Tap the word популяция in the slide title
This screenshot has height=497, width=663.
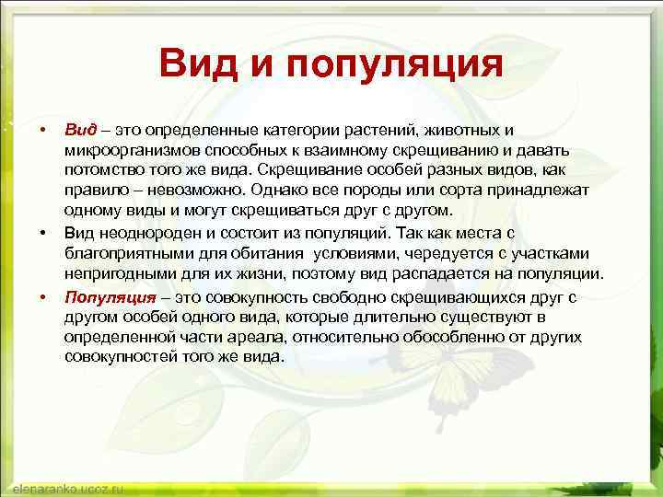click(x=394, y=67)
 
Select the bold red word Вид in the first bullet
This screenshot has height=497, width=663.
click(x=79, y=129)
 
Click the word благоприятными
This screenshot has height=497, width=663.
click(x=124, y=255)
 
